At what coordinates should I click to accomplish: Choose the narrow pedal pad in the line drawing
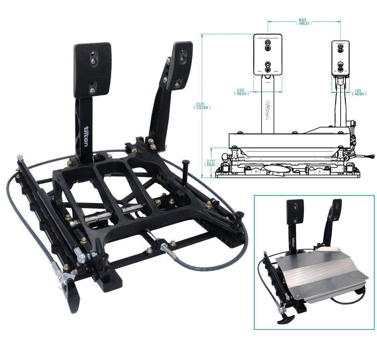341,57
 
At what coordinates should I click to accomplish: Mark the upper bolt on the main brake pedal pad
93,61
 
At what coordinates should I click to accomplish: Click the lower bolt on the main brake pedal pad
92,90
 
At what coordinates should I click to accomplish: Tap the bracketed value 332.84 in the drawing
202,108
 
